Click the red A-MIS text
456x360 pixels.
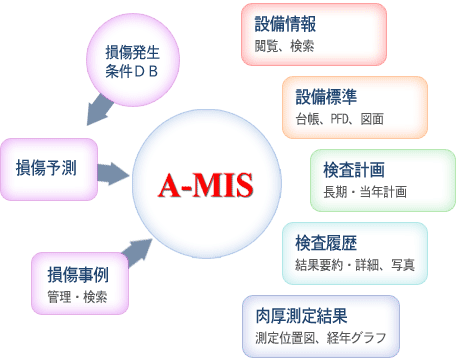[206, 185]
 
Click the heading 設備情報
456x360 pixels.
[285, 24]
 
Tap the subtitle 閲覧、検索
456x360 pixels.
[284, 46]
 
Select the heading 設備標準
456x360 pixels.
[326, 97]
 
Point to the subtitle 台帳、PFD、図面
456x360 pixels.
[340, 119]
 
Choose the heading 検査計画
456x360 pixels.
[354, 170]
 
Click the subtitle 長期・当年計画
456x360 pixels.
[365, 192]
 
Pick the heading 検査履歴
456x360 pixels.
[326, 243]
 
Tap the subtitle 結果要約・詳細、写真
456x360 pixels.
[355, 265]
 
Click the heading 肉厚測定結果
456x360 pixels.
[301, 316]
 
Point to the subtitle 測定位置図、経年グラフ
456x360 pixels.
[321, 338]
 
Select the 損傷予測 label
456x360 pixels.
[46, 168]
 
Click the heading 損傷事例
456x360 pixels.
[78, 275]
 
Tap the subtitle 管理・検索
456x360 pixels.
[77, 297]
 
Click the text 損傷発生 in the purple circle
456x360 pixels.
[133, 52]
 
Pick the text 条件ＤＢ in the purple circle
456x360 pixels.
[132, 71]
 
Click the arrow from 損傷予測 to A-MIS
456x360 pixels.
[113, 174]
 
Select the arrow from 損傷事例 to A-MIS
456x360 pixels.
[137, 252]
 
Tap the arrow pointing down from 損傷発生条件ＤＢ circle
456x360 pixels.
[99, 110]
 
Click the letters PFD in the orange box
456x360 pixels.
[339, 119]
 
